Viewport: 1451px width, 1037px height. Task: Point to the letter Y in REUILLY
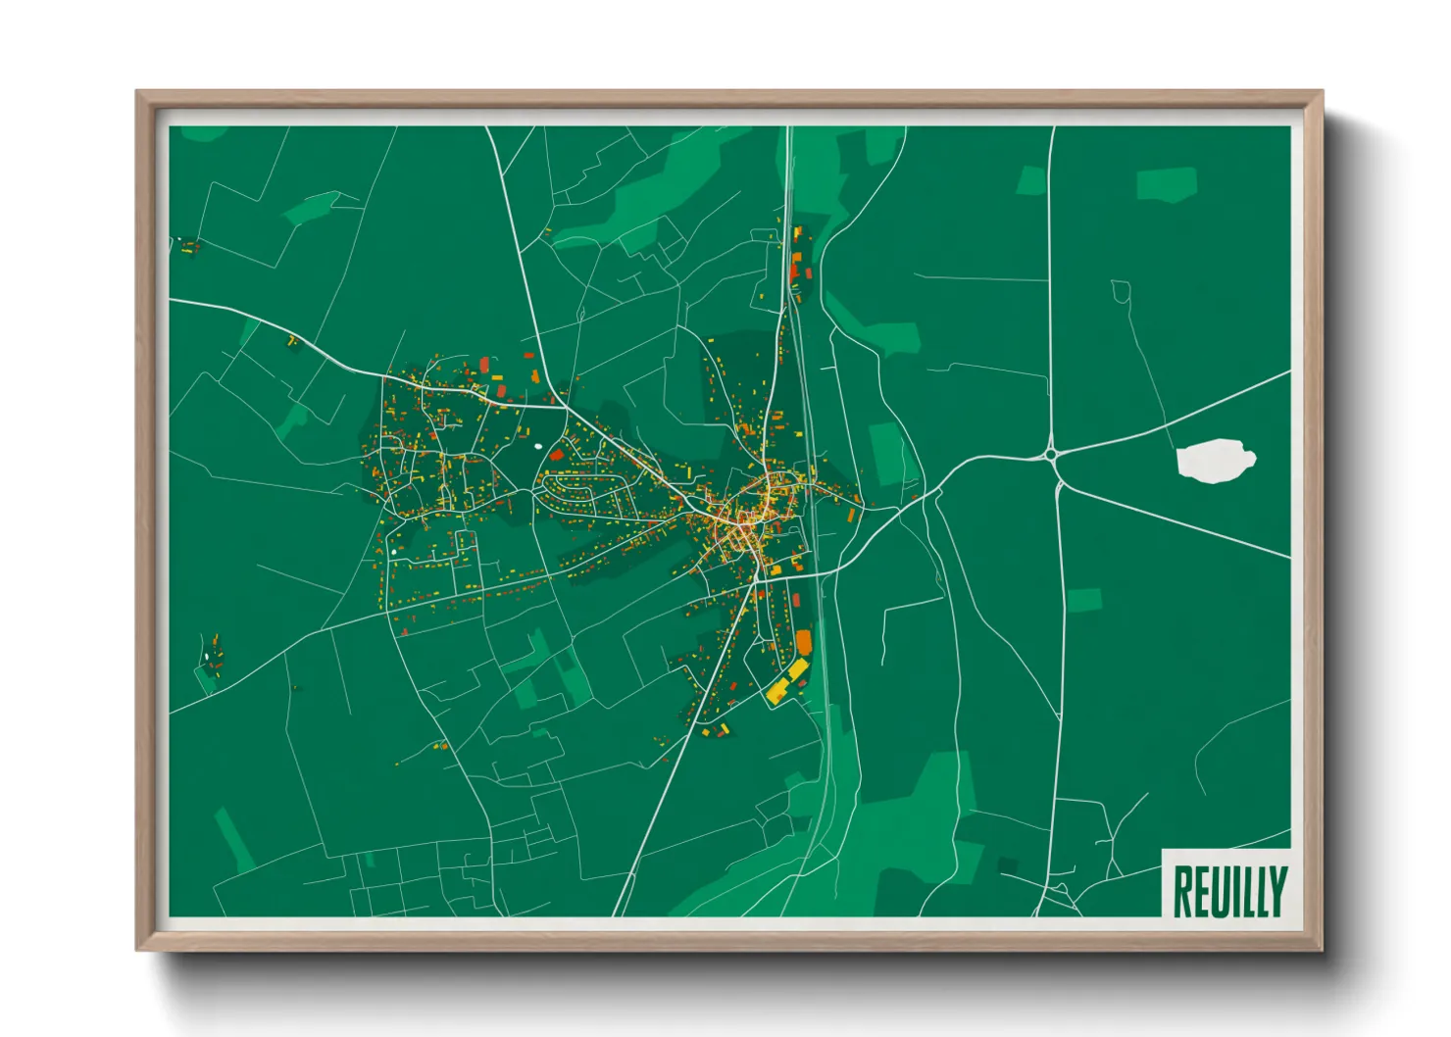point(1277,892)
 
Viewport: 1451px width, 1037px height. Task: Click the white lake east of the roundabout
point(1216,461)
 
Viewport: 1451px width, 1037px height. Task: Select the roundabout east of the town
point(1052,454)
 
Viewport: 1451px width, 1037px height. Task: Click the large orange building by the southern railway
point(804,641)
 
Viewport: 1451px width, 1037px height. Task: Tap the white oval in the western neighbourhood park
point(537,447)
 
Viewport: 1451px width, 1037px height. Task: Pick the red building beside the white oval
point(556,454)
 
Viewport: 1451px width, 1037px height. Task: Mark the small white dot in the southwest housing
point(394,552)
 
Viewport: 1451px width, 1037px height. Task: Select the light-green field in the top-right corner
point(1167,183)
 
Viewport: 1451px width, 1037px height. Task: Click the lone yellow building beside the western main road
point(291,341)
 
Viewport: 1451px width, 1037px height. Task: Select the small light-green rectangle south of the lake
point(1083,600)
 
